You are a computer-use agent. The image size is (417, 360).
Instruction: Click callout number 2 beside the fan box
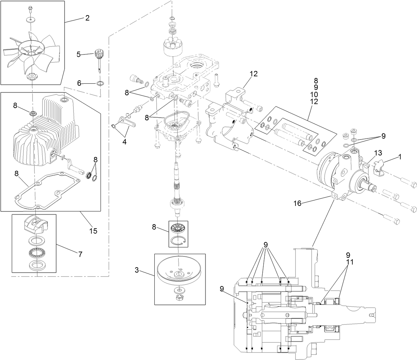point(87,18)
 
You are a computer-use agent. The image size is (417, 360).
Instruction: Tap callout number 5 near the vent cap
point(79,54)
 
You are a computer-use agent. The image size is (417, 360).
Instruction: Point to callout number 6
point(79,83)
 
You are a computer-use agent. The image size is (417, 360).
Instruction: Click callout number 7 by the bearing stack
point(80,254)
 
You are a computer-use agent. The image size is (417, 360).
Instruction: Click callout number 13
point(378,153)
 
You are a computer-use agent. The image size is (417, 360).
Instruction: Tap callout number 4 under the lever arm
point(124,142)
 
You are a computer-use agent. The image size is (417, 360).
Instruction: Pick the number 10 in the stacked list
point(315,94)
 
